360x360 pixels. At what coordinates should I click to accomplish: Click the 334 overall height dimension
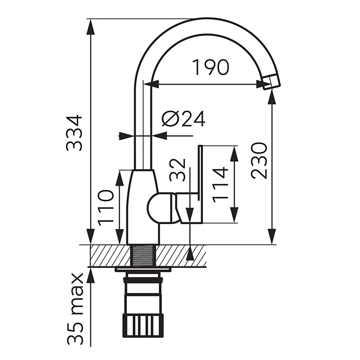pos(74,133)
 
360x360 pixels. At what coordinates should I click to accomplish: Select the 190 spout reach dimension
pos(211,67)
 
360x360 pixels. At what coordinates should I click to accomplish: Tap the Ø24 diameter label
pos(184,119)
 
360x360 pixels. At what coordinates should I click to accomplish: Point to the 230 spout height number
pos(259,160)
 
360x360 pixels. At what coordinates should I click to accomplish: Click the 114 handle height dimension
pos(220,185)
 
